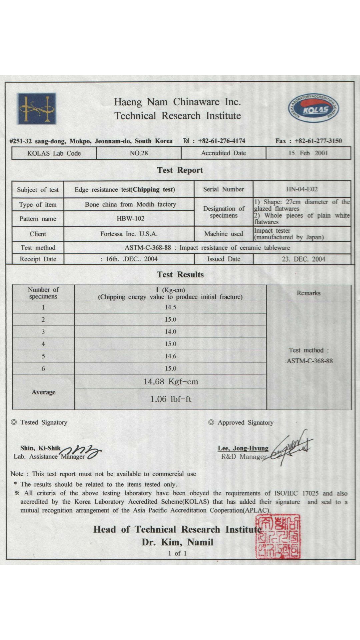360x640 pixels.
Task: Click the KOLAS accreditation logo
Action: coord(313,108)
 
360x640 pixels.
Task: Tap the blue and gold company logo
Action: coord(37,109)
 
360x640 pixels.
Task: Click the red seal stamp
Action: coord(278,536)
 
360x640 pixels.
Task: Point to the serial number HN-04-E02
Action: coord(302,189)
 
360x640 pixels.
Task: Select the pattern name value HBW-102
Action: coord(130,219)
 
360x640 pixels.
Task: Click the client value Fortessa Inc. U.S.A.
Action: coord(129,234)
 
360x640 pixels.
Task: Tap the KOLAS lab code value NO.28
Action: coord(139,153)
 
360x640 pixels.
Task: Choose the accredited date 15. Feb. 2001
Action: coord(308,153)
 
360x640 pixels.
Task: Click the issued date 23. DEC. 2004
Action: coord(303,259)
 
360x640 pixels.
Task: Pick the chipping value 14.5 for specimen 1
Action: coord(170,307)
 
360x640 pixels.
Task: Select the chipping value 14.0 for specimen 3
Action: coord(170,332)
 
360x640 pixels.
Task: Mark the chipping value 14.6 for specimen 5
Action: coord(170,356)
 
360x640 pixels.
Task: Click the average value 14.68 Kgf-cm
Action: coord(171,382)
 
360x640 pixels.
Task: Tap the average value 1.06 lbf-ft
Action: coord(171,399)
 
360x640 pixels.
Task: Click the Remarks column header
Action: coord(309,293)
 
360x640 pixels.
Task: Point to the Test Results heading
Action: coord(180,275)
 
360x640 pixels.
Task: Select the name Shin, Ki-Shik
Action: coord(40,448)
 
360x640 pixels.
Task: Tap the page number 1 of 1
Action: coord(177,553)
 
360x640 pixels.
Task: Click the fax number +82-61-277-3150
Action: coord(318,141)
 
